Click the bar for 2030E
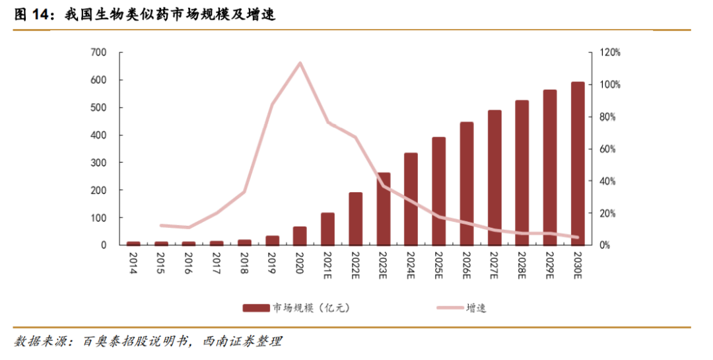coord(578,164)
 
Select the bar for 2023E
coord(384,209)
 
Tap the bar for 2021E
coord(327,229)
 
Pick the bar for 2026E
coord(467,184)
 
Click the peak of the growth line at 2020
coord(300,63)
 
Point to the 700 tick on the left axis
coord(98,52)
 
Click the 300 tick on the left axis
coord(98,162)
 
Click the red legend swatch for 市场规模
coord(256,308)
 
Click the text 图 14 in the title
coord(33,15)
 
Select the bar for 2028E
coord(522,173)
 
